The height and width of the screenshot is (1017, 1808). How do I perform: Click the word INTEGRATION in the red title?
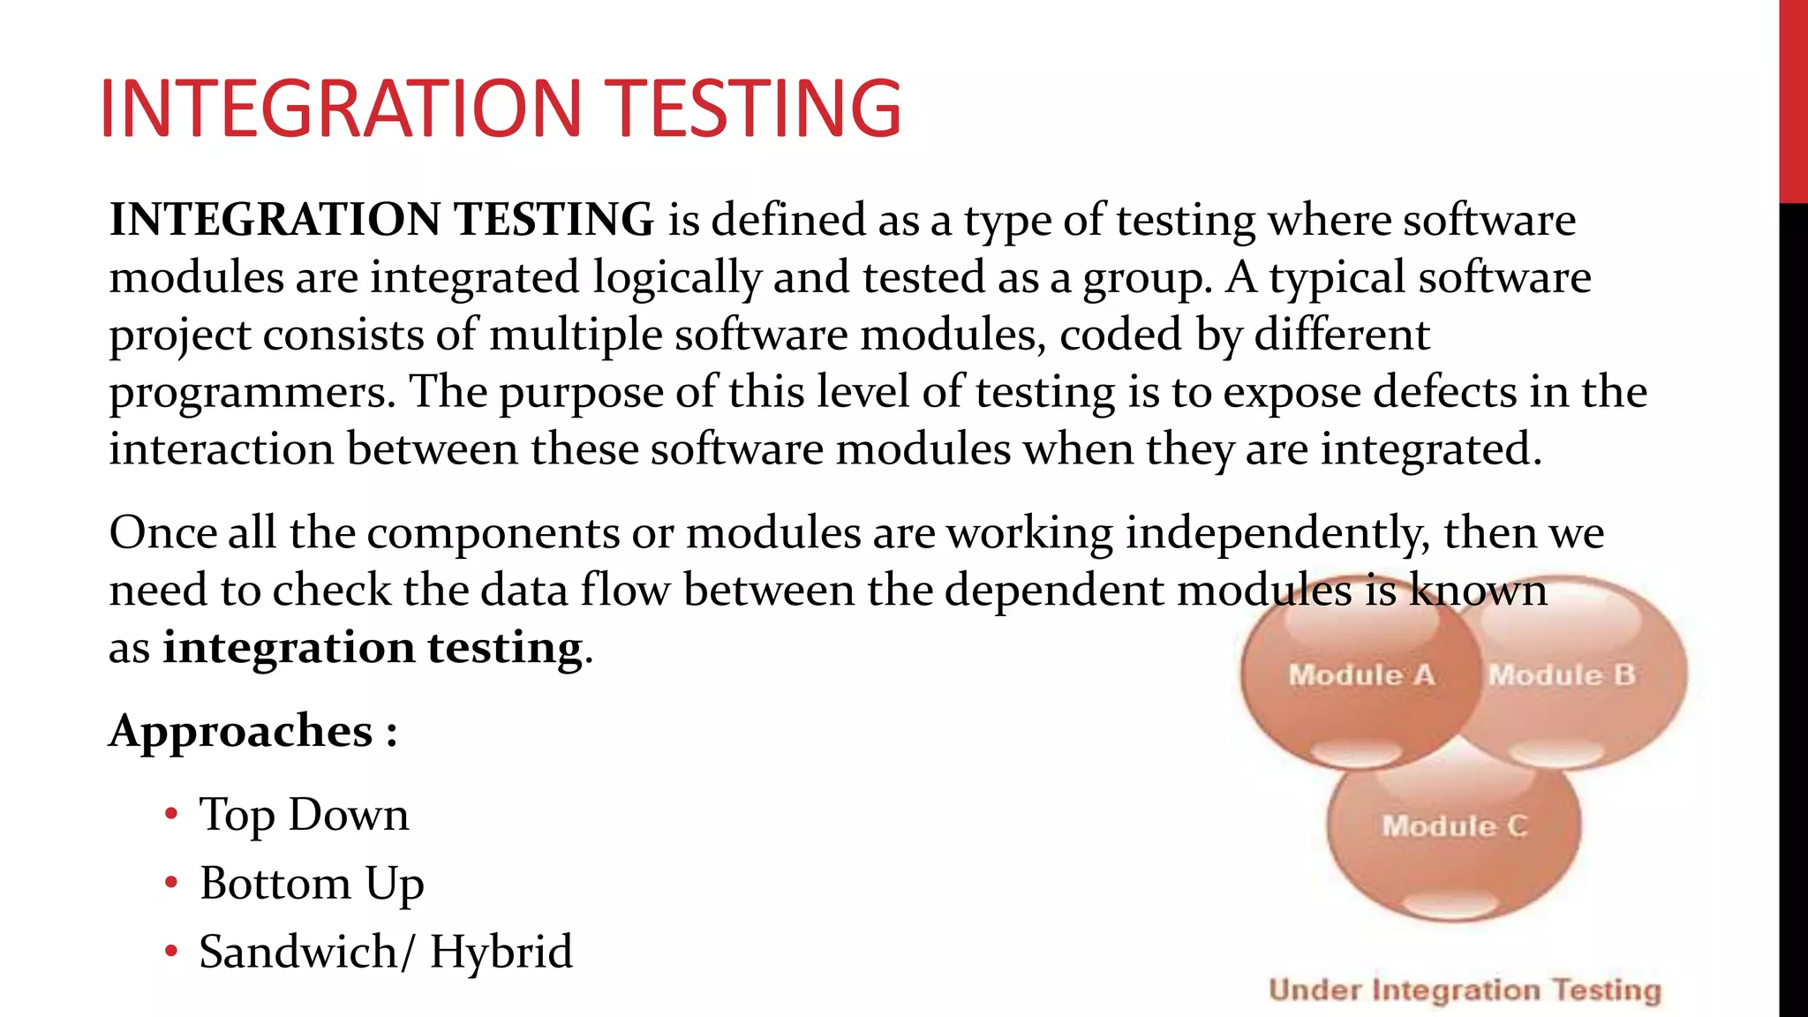tap(341, 108)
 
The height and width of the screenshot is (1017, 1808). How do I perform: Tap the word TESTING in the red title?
tap(756, 108)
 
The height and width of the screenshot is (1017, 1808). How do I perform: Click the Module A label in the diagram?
tap(1360, 675)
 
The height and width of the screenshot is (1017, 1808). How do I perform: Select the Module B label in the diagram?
tap(1562, 675)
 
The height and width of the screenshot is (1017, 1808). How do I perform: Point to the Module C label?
tap(1454, 826)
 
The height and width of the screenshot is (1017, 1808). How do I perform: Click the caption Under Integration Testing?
tap(1465, 991)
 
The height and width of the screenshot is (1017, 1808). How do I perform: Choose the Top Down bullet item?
tap(304, 815)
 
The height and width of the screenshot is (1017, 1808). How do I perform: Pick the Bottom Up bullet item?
tap(312, 884)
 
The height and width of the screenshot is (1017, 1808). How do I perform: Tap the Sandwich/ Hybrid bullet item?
tap(386, 952)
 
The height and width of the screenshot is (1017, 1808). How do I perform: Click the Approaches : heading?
tap(253, 731)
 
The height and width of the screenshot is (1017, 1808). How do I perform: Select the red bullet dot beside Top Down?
tap(171, 813)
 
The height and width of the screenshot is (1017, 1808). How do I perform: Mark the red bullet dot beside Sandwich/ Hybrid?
tap(171, 951)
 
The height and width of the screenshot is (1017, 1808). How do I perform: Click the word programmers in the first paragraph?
tap(252, 393)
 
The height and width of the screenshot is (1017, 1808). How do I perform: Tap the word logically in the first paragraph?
tap(676, 278)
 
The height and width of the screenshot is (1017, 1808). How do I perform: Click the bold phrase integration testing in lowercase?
tap(373, 647)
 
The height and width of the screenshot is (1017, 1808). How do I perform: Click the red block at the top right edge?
tap(1793, 102)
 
